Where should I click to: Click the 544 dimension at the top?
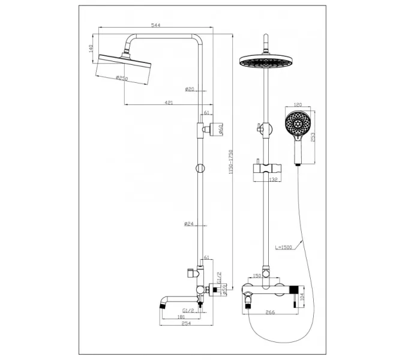coord(155,25)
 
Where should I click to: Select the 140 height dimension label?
coord(91,48)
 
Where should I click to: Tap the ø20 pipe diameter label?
coord(190,89)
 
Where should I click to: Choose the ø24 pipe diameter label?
coord(190,224)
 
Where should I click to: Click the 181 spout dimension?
coord(181,317)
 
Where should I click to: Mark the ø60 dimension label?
coord(221,130)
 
